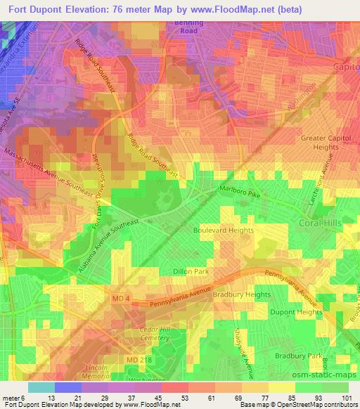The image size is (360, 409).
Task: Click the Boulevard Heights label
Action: click(223, 230)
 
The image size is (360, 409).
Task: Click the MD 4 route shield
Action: click(121, 299)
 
